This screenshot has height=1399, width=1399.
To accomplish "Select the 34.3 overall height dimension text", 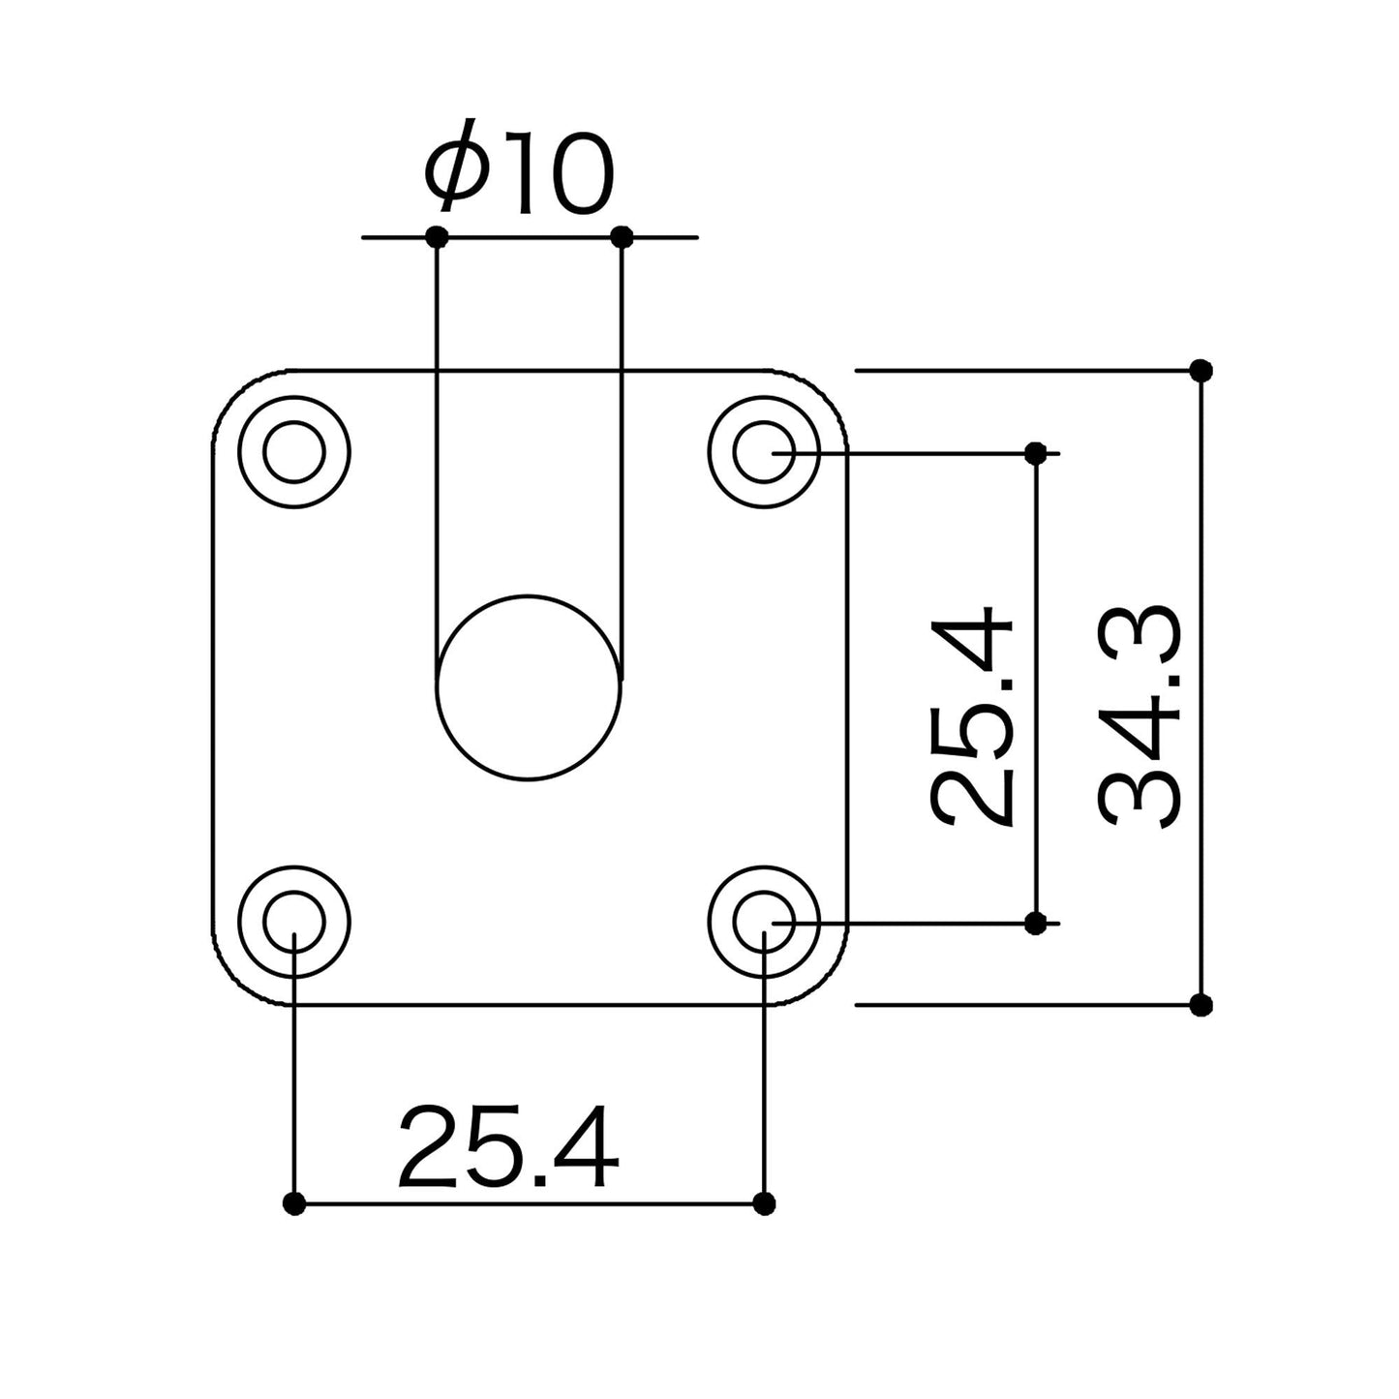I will (x=1140, y=717).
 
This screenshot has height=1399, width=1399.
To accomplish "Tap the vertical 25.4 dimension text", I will (x=971, y=717).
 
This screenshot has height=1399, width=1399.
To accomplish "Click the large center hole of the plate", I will (x=528, y=686).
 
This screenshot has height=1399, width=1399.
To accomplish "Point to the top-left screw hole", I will (x=293, y=451).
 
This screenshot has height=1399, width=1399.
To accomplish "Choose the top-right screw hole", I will (x=764, y=451).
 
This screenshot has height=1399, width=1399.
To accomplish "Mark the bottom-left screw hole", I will (x=293, y=921).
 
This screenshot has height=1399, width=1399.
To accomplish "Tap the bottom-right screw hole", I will (x=764, y=921).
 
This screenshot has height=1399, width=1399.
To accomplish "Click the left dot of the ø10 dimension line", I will (x=438, y=236).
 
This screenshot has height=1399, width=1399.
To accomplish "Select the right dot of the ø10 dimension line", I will (x=623, y=236).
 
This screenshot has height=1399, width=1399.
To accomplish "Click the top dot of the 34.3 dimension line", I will (x=1201, y=370).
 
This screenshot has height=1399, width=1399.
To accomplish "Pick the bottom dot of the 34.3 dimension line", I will (x=1201, y=1005).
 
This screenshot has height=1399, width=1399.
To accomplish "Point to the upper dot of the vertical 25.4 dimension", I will (x=1035, y=452).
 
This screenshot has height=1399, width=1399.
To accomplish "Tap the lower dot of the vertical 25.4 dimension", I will (x=1035, y=923).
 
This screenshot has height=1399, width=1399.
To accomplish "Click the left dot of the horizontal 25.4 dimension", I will (x=294, y=1203).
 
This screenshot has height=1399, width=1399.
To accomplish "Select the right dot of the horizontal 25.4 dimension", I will (x=764, y=1203).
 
